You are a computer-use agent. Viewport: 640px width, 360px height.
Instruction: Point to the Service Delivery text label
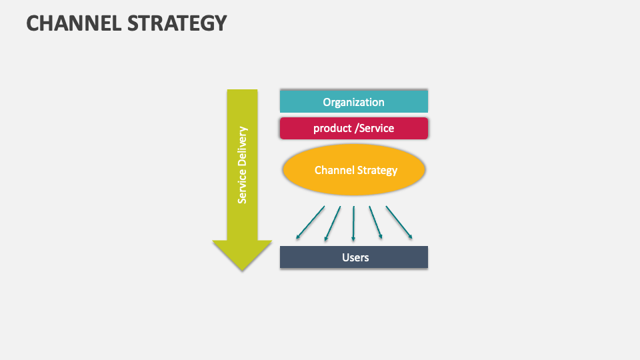(242, 164)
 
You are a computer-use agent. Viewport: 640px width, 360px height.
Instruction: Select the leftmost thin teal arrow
(310, 222)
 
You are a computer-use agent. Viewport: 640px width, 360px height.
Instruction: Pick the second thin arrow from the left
(332, 223)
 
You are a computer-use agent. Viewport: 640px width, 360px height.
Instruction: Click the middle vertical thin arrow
(353, 223)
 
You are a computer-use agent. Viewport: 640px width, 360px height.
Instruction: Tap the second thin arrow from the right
(376, 222)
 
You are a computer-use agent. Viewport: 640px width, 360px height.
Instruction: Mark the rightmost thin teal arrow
(399, 222)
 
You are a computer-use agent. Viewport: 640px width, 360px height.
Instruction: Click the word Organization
(353, 102)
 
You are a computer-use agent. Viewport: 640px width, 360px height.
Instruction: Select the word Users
(355, 257)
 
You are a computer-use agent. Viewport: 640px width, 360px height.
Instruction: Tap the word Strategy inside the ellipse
(377, 170)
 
